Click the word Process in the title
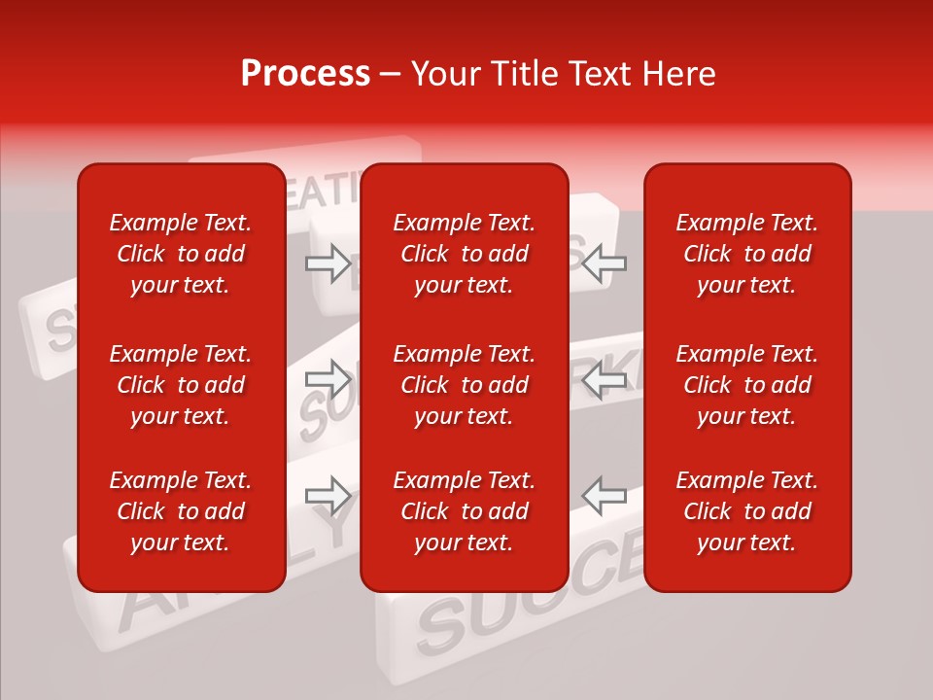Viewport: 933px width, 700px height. click(305, 74)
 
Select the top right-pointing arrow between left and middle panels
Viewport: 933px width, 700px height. click(328, 262)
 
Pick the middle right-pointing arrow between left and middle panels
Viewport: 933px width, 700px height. click(328, 379)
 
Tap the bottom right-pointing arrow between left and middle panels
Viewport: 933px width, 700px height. click(328, 496)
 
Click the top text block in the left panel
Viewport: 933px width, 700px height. click(181, 254)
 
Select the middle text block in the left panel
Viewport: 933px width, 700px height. click(181, 385)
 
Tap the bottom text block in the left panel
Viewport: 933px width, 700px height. click(181, 511)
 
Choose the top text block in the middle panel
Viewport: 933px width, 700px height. click(464, 254)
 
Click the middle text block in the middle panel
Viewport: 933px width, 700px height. click(464, 385)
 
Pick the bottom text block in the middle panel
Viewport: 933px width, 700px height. click(464, 511)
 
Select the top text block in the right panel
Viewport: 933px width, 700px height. click(746, 254)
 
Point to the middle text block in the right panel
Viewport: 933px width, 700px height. click(746, 385)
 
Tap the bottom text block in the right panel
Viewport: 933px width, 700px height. click(746, 511)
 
